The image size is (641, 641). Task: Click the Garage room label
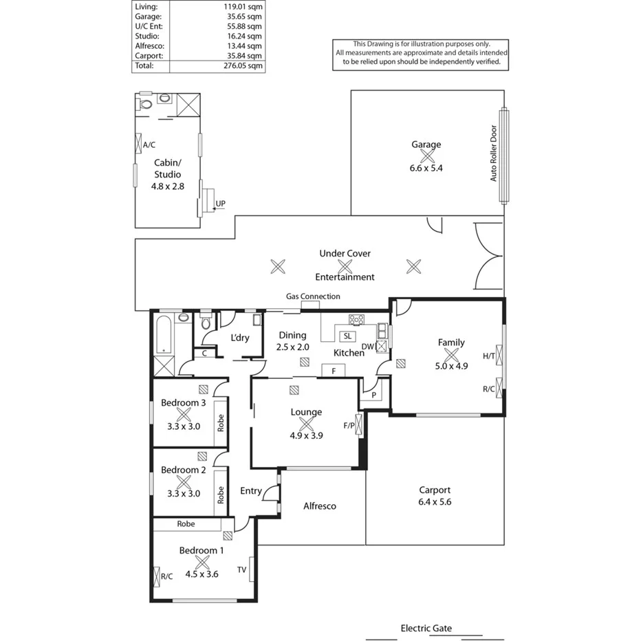[426, 144]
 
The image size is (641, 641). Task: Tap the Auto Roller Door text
[493, 153]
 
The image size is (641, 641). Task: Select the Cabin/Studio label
[168, 169]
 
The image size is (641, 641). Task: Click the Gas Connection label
[313, 296]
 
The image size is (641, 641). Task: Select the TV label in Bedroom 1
[241, 569]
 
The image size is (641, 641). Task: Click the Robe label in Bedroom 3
[221, 421]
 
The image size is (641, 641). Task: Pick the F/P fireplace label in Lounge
[349, 425]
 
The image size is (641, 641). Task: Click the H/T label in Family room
[489, 356]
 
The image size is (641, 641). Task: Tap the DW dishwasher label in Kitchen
[367, 347]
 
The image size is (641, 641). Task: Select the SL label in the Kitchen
[347, 336]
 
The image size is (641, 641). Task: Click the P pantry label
[373, 395]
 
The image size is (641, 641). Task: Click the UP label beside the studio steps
[220, 204]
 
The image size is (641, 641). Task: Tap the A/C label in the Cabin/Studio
[149, 144]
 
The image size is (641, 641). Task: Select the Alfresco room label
[320, 506]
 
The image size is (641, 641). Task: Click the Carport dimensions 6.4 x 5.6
[435, 501]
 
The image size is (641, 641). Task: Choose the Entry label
[250, 490]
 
